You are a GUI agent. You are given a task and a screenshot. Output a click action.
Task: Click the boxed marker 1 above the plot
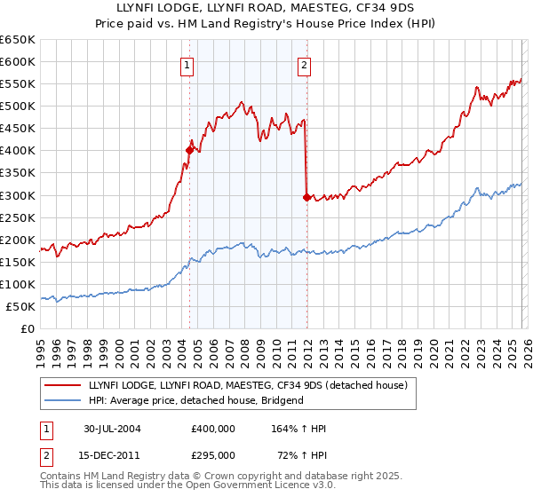point(188,64)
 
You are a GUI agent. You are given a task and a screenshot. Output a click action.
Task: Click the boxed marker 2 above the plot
point(304,64)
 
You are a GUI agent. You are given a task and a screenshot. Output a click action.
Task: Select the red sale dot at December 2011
point(306,197)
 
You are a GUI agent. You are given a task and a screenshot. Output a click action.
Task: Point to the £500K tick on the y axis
point(20,106)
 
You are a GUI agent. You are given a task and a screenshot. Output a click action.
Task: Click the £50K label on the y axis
point(22,306)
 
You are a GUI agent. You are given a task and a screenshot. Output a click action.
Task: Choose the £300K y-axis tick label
point(20,195)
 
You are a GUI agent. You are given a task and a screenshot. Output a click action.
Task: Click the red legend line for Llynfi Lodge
point(63,385)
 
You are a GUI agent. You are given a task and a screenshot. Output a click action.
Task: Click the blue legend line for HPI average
point(63,400)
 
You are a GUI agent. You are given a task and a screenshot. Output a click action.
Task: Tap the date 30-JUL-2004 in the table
point(112,429)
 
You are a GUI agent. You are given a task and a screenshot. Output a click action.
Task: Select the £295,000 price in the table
point(212,454)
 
